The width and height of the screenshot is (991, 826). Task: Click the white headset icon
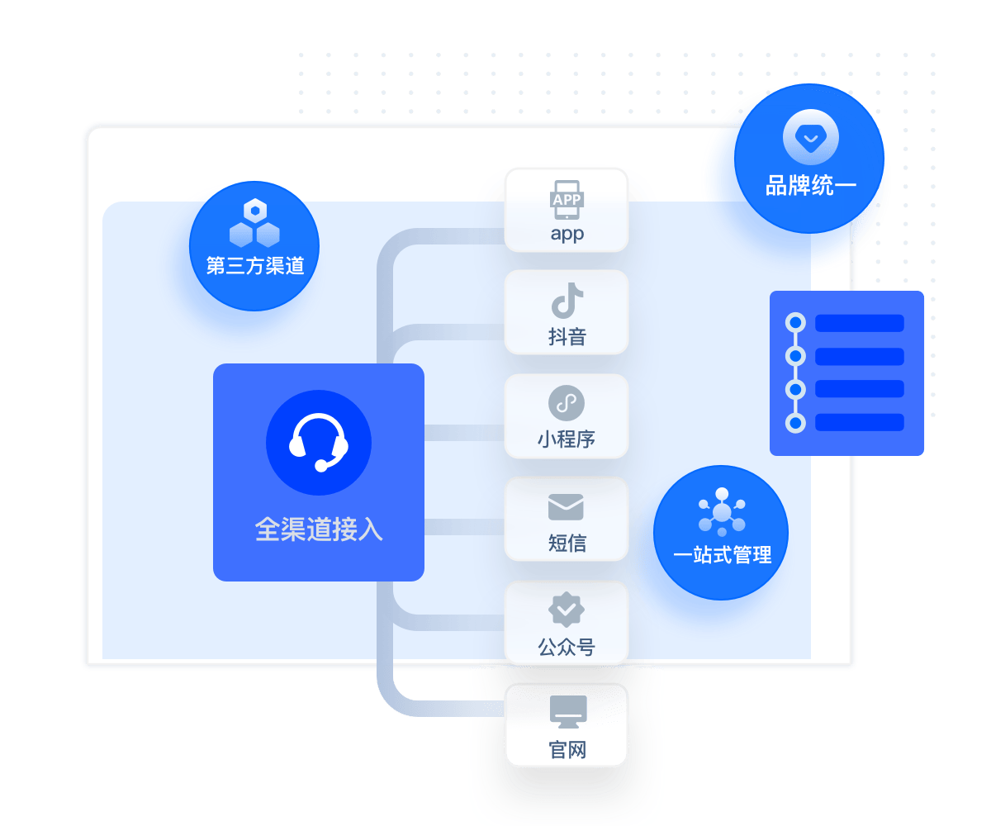tap(319, 443)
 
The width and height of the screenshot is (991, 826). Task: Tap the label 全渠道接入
tap(319, 529)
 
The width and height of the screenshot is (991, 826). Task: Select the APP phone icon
tap(567, 200)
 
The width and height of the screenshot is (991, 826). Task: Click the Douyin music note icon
tap(567, 301)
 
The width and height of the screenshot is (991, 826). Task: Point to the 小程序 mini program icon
tap(567, 404)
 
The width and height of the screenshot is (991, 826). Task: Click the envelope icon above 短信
tap(566, 507)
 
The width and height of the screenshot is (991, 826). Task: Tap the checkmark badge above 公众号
tap(567, 610)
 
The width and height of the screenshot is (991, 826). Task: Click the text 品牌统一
tap(811, 187)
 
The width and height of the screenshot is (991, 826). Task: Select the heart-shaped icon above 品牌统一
tap(811, 138)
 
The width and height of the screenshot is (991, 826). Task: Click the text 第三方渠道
tap(254, 266)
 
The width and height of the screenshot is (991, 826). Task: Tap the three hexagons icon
tap(254, 224)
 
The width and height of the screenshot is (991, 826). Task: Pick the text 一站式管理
tap(722, 555)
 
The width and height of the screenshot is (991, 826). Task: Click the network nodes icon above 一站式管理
tap(722, 512)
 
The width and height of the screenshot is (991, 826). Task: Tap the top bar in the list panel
tap(859, 323)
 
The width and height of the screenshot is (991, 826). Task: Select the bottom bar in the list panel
tap(859, 422)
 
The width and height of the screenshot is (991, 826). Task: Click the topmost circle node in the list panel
tap(795, 323)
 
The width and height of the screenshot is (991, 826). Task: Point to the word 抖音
tap(567, 337)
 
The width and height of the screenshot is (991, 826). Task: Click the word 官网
tap(567, 750)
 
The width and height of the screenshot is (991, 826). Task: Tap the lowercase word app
tap(567, 234)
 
